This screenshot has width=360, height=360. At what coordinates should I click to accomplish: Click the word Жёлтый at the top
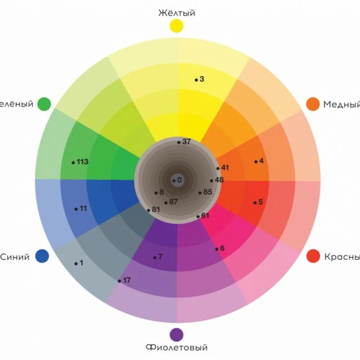click(x=177, y=13)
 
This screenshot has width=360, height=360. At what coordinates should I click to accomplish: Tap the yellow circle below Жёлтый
click(x=176, y=26)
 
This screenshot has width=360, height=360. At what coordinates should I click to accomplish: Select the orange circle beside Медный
click(x=313, y=104)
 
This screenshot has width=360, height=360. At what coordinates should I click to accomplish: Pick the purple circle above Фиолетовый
click(x=176, y=334)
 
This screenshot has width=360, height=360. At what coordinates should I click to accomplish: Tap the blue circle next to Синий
click(x=42, y=256)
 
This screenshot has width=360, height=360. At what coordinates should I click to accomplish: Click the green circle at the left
click(x=44, y=104)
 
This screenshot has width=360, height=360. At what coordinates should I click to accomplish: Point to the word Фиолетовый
click(x=177, y=347)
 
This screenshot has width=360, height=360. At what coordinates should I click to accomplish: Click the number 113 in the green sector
click(x=82, y=162)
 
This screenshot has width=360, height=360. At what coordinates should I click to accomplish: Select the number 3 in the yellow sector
click(x=202, y=79)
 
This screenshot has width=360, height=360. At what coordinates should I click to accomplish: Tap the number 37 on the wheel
click(x=186, y=142)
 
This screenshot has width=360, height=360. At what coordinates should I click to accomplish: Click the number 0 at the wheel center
click(x=180, y=180)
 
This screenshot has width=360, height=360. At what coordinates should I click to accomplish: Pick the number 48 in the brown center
click(x=219, y=180)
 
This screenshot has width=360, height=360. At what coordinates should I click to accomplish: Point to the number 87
click(x=173, y=202)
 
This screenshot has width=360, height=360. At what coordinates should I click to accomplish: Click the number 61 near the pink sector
click(x=205, y=216)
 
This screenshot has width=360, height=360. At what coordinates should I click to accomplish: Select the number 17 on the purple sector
click(x=126, y=280)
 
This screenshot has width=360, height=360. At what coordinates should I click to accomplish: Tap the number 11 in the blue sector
click(x=83, y=208)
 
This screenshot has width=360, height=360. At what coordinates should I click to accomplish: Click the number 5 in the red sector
click(x=260, y=202)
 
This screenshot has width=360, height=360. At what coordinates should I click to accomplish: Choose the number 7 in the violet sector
click(x=160, y=257)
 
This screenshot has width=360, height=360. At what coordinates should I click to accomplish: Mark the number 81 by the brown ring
click(x=156, y=209)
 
